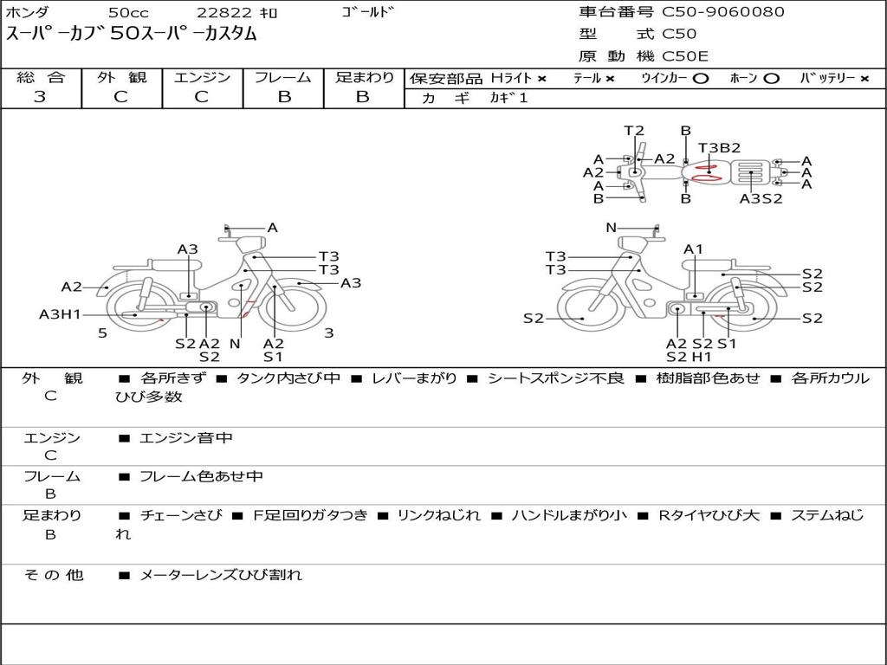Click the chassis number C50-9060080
[723, 12]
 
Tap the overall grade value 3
[40, 97]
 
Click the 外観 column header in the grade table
[121, 77]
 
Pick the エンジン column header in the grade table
[202, 77]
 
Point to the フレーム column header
[283, 77]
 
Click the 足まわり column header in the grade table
[364, 77]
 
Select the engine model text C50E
[685, 56]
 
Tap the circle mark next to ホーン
[771, 79]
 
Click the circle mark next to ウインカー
[700, 79]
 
